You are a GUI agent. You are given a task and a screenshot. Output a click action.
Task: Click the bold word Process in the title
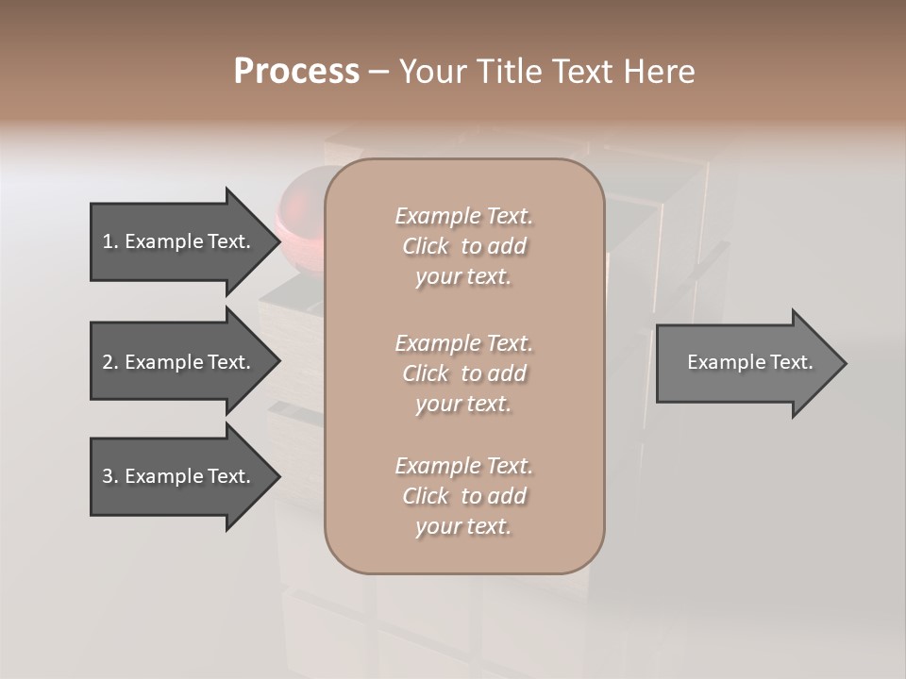[x=296, y=72]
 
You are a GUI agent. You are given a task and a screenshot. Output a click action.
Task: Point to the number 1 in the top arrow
[x=108, y=241]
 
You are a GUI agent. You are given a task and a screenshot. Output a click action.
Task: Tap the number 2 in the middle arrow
[x=108, y=362]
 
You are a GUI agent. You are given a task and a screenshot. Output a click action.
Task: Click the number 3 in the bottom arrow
[x=108, y=476]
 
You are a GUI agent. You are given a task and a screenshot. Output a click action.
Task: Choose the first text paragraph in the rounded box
[x=463, y=246]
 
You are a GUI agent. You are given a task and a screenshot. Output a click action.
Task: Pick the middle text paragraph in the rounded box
[x=463, y=373]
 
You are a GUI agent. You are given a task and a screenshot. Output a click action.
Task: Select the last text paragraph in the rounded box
[x=463, y=496]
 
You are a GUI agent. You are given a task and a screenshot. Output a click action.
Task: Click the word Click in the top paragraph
[x=426, y=246]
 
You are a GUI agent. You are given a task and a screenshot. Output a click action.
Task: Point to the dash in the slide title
[x=378, y=72]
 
